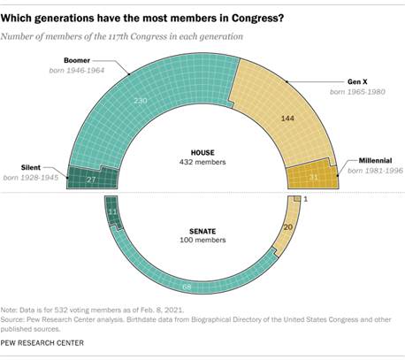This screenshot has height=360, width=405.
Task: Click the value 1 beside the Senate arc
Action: [x=305, y=200]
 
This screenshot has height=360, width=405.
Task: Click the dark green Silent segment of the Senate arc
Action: [x=111, y=213]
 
